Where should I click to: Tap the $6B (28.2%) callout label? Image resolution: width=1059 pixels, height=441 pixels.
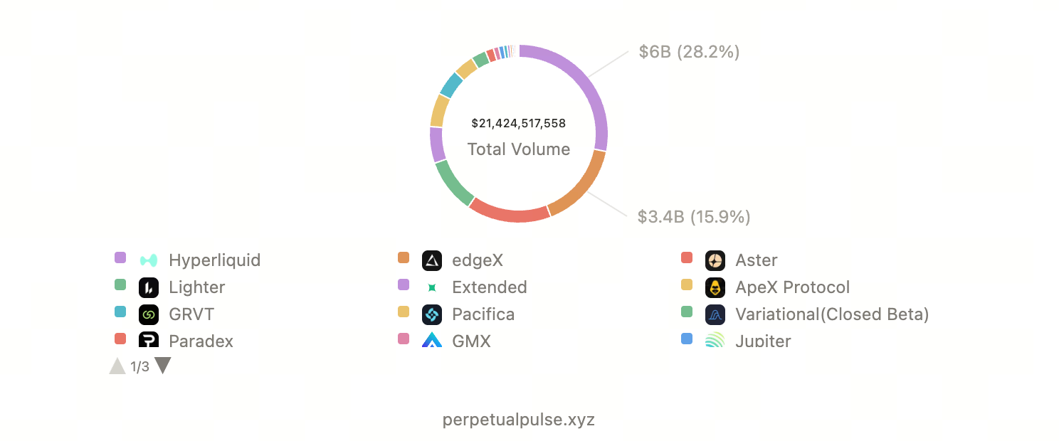point(689,52)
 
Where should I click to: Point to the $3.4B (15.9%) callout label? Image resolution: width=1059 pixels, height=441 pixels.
point(694,217)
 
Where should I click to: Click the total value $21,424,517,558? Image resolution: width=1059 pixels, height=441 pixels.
point(518,123)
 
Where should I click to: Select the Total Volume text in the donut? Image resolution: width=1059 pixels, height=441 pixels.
point(518,149)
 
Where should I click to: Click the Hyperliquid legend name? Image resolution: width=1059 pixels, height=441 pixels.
point(214,260)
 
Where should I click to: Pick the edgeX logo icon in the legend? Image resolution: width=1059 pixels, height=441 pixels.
point(432,260)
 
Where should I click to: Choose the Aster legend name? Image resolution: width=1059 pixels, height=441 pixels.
point(756,260)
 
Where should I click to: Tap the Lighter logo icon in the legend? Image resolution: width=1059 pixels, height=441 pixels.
point(149,287)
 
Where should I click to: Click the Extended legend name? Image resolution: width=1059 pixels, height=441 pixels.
point(489,287)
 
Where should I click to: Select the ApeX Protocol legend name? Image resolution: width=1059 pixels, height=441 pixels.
point(792,287)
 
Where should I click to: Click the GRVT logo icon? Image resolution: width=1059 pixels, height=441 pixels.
point(149,314)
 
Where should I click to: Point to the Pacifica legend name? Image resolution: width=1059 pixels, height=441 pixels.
point(483,314)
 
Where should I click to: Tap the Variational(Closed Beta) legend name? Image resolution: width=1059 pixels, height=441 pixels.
point(831,314)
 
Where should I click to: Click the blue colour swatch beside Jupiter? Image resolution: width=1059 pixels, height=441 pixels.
point(687,339)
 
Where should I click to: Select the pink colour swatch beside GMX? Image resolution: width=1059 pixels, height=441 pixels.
point(404,339)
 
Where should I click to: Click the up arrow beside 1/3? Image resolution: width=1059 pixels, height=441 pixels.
point(117,366)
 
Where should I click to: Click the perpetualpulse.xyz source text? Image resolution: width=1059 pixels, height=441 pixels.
point(518,420)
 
